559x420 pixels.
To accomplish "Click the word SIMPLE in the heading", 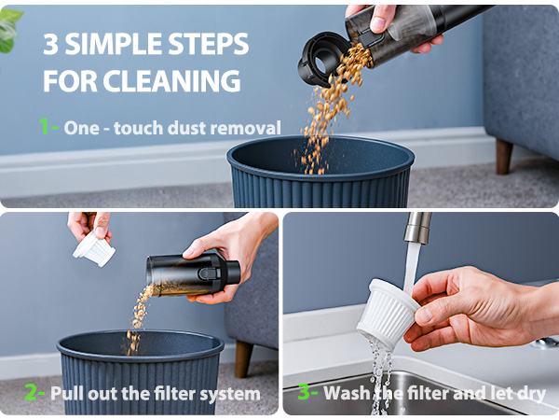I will [x=140, y=44].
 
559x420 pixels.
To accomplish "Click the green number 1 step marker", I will [x=45, y=127].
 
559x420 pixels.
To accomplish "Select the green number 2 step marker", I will [x=32, y=393].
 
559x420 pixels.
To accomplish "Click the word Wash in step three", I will [x=347, y=393].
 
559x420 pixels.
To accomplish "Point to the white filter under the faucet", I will [x=388, y=311].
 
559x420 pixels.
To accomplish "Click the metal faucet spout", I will [x=416, y=229].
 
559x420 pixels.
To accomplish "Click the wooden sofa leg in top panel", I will [x=504, y=156].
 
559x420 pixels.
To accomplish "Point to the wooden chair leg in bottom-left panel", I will [x=243, y=357].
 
